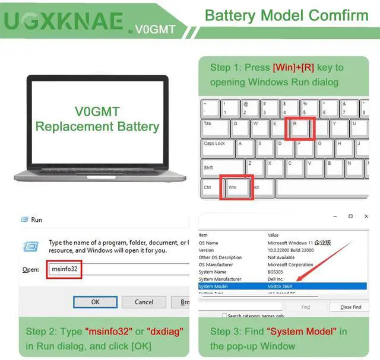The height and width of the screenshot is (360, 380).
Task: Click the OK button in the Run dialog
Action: (x=95, y=302)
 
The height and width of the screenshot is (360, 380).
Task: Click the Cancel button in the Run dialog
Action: (x=144, y=302)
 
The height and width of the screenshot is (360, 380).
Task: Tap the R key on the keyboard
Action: (x=299, y=129)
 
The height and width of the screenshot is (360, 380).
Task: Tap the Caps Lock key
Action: (x=218, y=148)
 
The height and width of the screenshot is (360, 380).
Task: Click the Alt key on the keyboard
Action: (x=261, y=187)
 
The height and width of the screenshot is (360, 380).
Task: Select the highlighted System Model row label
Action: (x=216, y=286)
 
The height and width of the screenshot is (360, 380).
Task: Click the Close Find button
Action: (x=350, y=307)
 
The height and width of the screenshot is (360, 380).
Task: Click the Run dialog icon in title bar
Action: (x=24, y=219)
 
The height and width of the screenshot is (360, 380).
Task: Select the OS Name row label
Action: (x=208, y=243)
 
